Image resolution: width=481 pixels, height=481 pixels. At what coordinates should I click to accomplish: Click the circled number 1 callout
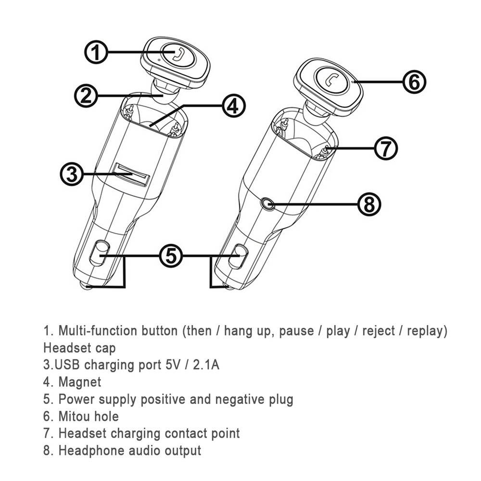96,52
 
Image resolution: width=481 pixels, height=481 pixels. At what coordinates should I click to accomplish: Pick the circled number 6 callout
414,82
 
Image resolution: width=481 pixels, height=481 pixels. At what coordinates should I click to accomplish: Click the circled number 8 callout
369,204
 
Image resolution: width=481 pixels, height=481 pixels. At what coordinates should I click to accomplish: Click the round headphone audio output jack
266,203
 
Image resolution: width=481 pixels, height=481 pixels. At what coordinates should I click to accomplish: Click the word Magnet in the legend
80,382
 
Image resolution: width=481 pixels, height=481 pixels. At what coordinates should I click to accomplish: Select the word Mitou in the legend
74,417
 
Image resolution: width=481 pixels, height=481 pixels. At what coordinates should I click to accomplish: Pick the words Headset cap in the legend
80,348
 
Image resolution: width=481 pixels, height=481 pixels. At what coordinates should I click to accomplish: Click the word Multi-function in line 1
98,331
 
